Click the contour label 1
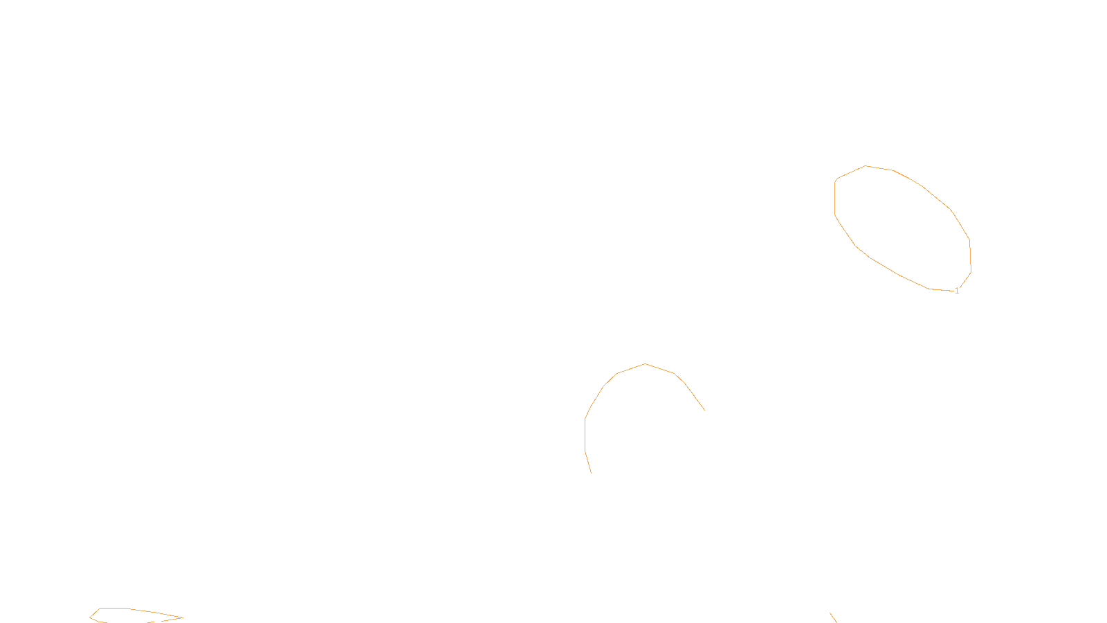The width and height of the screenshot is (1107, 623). pos(957,291)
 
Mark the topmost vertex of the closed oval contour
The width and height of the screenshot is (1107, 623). pos(866,166)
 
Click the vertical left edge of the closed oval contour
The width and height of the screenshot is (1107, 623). pos(835,198)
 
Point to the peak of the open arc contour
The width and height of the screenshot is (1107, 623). pos(646,364)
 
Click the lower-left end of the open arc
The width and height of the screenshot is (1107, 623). pos(591,473)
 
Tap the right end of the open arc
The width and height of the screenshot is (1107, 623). pos(704,410)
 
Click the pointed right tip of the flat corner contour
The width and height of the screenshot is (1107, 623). pos(182,617)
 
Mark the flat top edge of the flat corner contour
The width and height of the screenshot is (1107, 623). pos(114,609)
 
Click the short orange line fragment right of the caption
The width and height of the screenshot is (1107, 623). pos(833,617)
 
